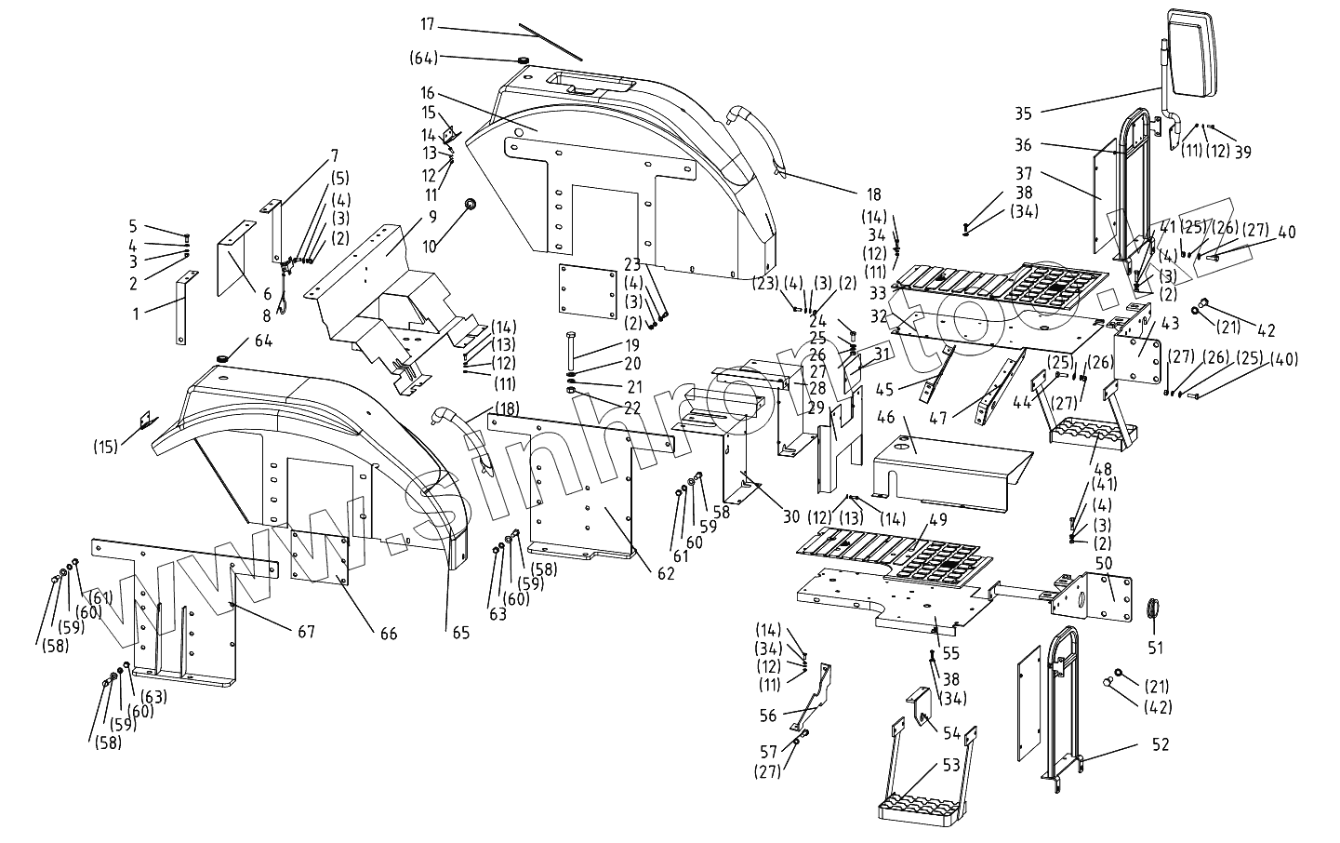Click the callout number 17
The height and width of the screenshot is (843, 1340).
pyautogui.click(x=427, y=23)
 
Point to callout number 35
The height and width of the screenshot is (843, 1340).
pyautogui.click(x=1023, y=114)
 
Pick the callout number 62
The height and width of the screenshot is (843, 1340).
pyautogui.click(x=666, y=574)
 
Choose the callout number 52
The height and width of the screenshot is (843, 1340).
pyautogui.click(x=1160, y=744)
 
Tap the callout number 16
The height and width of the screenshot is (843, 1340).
pyautogui.click(x=427, y=93)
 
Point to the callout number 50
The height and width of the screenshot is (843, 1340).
pyautogui.click(x=1104, y=564)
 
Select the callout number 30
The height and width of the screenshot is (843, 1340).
pyautogui.click(x=791, y=517)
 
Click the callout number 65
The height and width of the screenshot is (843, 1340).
pyautogui.click(x=461, y=633)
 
